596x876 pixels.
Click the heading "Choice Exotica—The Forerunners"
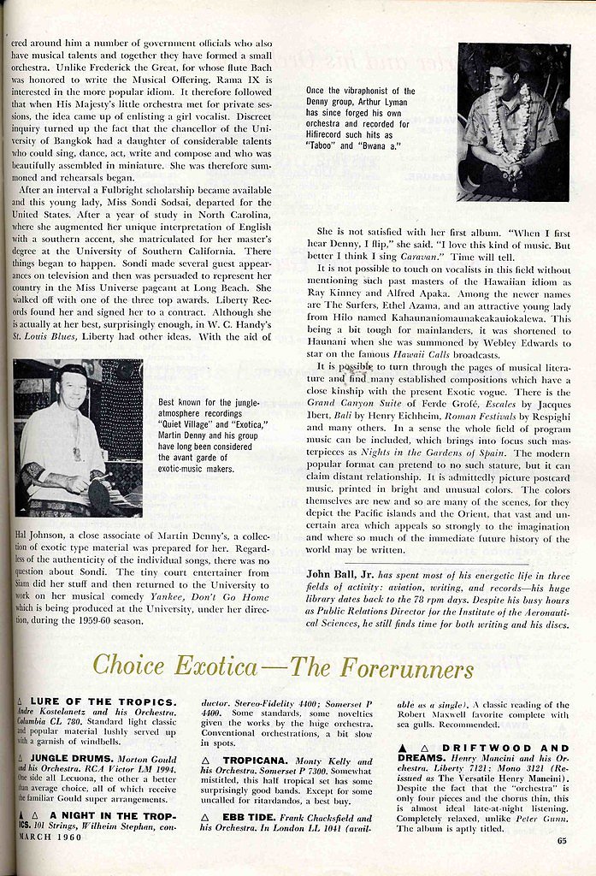pyautogui.click(x=282, y=666)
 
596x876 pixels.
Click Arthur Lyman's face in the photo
pyautogui.click(x=502, y=81)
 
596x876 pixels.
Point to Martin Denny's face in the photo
pyautogui.click(x=74, y=390)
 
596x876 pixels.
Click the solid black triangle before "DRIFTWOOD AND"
pyautogui.click(x=402, y=748)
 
